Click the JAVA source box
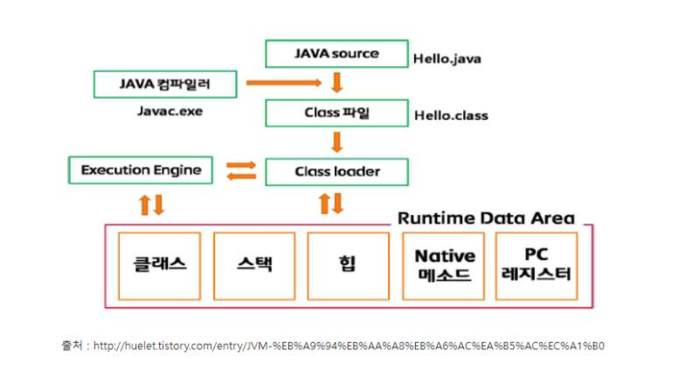click(x=336, y=54)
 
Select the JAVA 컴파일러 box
click(x=165, y=84)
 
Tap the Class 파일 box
click(x=336, y=113)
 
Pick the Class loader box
click(x=336, y=171)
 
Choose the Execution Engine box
click(x=140, y=169)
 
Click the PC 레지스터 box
click(x=536, y=264)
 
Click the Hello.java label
click(x=447, y=60)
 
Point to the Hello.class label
click(x=451, y=115)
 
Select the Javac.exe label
click(x=166, y=113)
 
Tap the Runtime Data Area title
click(x=486, y=217)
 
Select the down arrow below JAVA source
click(x=336, y=83)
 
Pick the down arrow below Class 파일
click(x=336, y=141)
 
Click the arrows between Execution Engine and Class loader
click(x=241, y=170)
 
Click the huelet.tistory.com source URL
click(x=348, y=346)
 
